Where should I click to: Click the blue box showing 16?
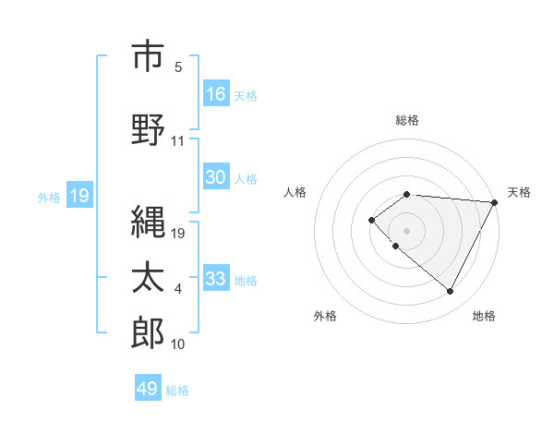click(216, 93)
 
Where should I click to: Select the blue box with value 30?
click(216, 177)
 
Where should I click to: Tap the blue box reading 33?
click(216, 279)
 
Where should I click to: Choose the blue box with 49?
click(148, 389)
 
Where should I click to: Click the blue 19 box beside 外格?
click(78, 195)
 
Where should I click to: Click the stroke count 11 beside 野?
click(177, 141)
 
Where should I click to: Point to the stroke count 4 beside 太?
click(177, 290)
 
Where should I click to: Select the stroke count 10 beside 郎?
click(177, 344)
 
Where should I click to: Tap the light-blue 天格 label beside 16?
click(245, 95)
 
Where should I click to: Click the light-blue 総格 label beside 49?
click(177, 391)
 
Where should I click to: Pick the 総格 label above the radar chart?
click(407, 120)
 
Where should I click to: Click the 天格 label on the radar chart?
click(519, 192)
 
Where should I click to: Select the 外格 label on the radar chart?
click(325, 316)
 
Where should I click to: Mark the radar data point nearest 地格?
click(451, 292)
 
